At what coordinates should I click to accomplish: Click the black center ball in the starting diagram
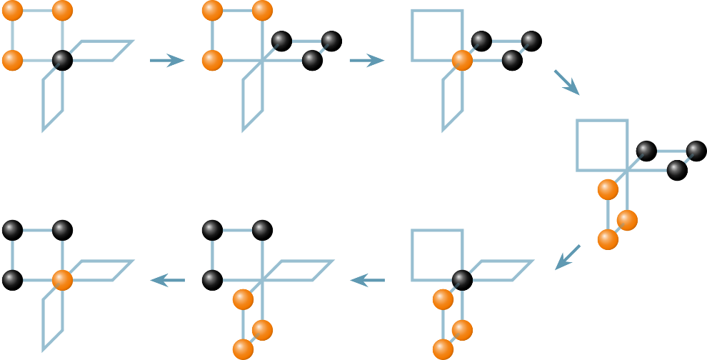62,60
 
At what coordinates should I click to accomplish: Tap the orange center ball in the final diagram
62,279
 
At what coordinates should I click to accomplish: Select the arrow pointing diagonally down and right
566,81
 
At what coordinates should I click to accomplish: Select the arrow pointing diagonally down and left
568,257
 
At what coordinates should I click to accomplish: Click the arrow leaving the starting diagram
167,61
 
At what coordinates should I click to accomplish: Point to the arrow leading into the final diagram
167,281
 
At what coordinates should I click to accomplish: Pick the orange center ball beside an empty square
462,60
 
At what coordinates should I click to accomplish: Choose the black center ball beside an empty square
462,279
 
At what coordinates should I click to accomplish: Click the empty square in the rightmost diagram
602,145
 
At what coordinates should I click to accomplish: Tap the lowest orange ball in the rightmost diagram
608,239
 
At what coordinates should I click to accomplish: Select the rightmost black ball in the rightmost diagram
696,150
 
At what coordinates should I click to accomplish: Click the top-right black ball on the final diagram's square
61,229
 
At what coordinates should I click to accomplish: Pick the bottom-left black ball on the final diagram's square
11,278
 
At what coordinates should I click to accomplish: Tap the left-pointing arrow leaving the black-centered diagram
367,281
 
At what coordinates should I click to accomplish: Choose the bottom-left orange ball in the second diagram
212,60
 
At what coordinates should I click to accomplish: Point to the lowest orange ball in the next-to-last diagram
243,349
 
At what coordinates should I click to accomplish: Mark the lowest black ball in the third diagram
511,59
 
